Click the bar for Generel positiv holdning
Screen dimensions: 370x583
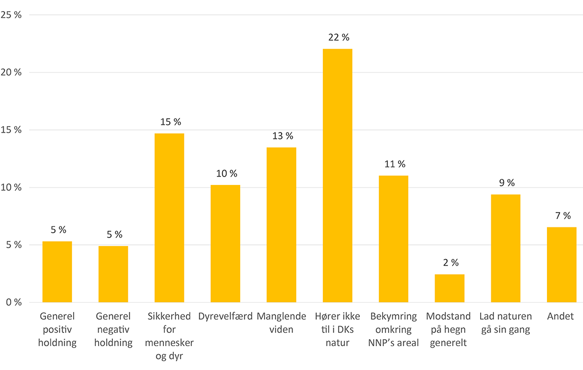(57, 272)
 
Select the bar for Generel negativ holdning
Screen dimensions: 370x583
(113, 274)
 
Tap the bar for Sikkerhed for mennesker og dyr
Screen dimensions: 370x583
(169, 218)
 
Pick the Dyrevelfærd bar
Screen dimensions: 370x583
(225, 244)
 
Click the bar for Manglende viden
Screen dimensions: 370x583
(281, 225)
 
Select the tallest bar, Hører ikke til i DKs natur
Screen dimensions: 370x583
(338, 175)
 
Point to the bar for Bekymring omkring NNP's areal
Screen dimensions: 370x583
(393, 239)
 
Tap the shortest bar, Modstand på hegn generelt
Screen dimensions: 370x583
(449, 288)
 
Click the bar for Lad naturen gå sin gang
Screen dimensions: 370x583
(506, 249)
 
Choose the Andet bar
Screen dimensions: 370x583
(562, 265)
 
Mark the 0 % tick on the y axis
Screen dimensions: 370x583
(13, 303)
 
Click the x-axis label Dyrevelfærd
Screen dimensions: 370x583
(225, 317)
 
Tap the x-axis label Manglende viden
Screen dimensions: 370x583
(281, 323)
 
